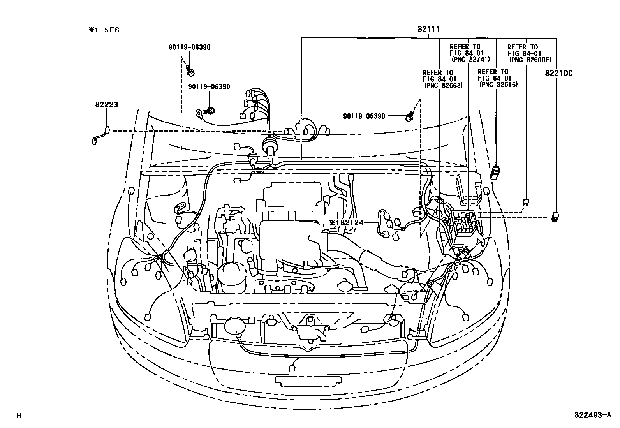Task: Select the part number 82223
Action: point(106,105)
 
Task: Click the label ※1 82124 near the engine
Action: point(346,223)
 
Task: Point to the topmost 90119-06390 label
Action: point(189,47)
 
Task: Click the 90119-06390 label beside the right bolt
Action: point(364,116)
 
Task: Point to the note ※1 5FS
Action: point(103,30)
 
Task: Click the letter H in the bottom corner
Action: point(19,416)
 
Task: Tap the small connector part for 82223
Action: point(100,136)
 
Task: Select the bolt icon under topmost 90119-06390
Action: point(190,70)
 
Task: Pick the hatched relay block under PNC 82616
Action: point(495,172)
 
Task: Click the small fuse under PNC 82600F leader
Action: point(526,202)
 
